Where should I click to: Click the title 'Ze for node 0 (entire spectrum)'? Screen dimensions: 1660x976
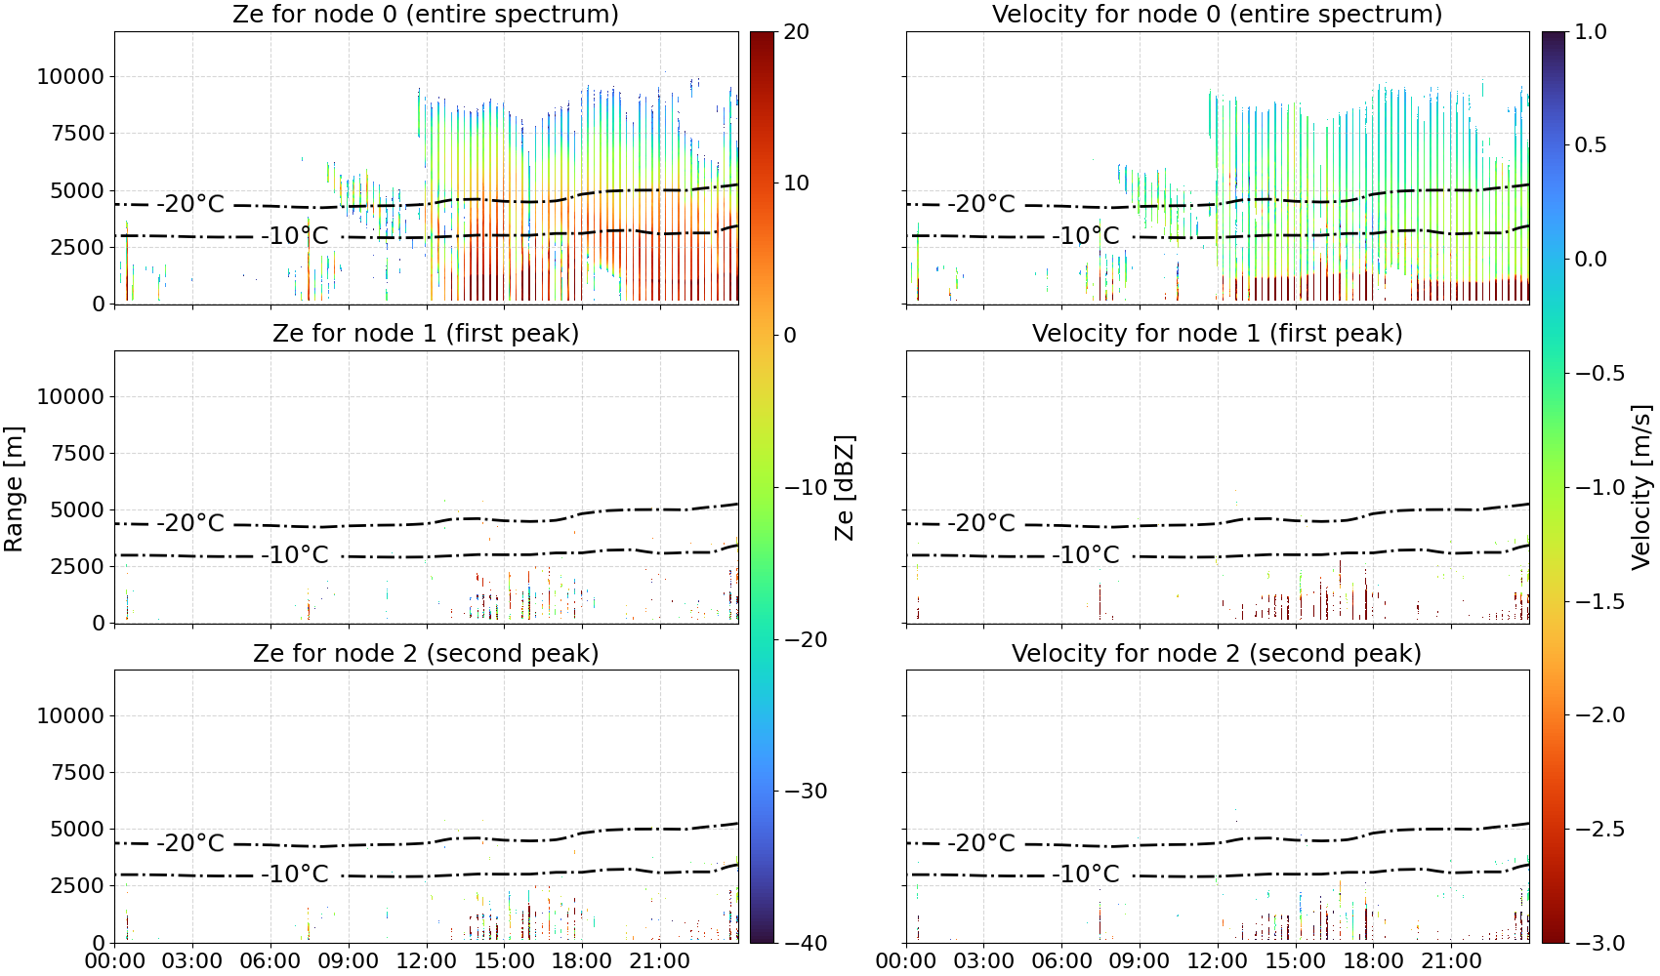tap(426, 14)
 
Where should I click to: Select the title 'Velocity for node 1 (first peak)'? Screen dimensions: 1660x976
tap(1217, 333)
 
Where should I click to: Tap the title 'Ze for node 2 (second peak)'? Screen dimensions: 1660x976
tap(426, 653)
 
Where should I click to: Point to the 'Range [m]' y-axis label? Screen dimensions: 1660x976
tap(14, 489)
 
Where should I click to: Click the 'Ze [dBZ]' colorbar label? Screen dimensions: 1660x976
tap(845, 488)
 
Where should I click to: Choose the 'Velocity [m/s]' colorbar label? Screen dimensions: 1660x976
tap(1642, 487)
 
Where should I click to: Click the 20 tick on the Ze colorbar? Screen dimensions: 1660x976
tap(796, 32)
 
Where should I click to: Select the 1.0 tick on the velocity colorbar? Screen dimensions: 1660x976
tap(1591, 32)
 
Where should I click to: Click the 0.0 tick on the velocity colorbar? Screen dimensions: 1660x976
tap(1591, 260)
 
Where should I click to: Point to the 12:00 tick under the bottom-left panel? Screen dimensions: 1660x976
tap(426, 961)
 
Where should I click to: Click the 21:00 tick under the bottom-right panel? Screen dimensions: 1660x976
tap(1451, 961)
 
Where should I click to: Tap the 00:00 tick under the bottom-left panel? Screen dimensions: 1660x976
tap(115, 961)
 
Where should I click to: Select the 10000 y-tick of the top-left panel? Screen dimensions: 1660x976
tap(70, 76)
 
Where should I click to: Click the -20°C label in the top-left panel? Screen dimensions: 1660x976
tap(190, 204)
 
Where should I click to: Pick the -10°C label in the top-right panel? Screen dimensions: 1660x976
tap(1086, 235)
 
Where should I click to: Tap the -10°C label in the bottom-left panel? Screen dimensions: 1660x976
tap(294, 874)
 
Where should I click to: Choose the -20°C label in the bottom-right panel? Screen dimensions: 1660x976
tap(981, 842)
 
